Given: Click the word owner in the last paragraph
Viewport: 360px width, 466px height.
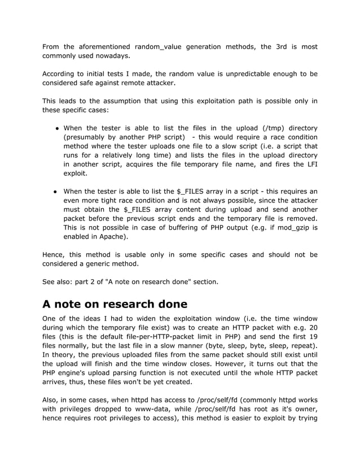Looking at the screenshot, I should point(305,409).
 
